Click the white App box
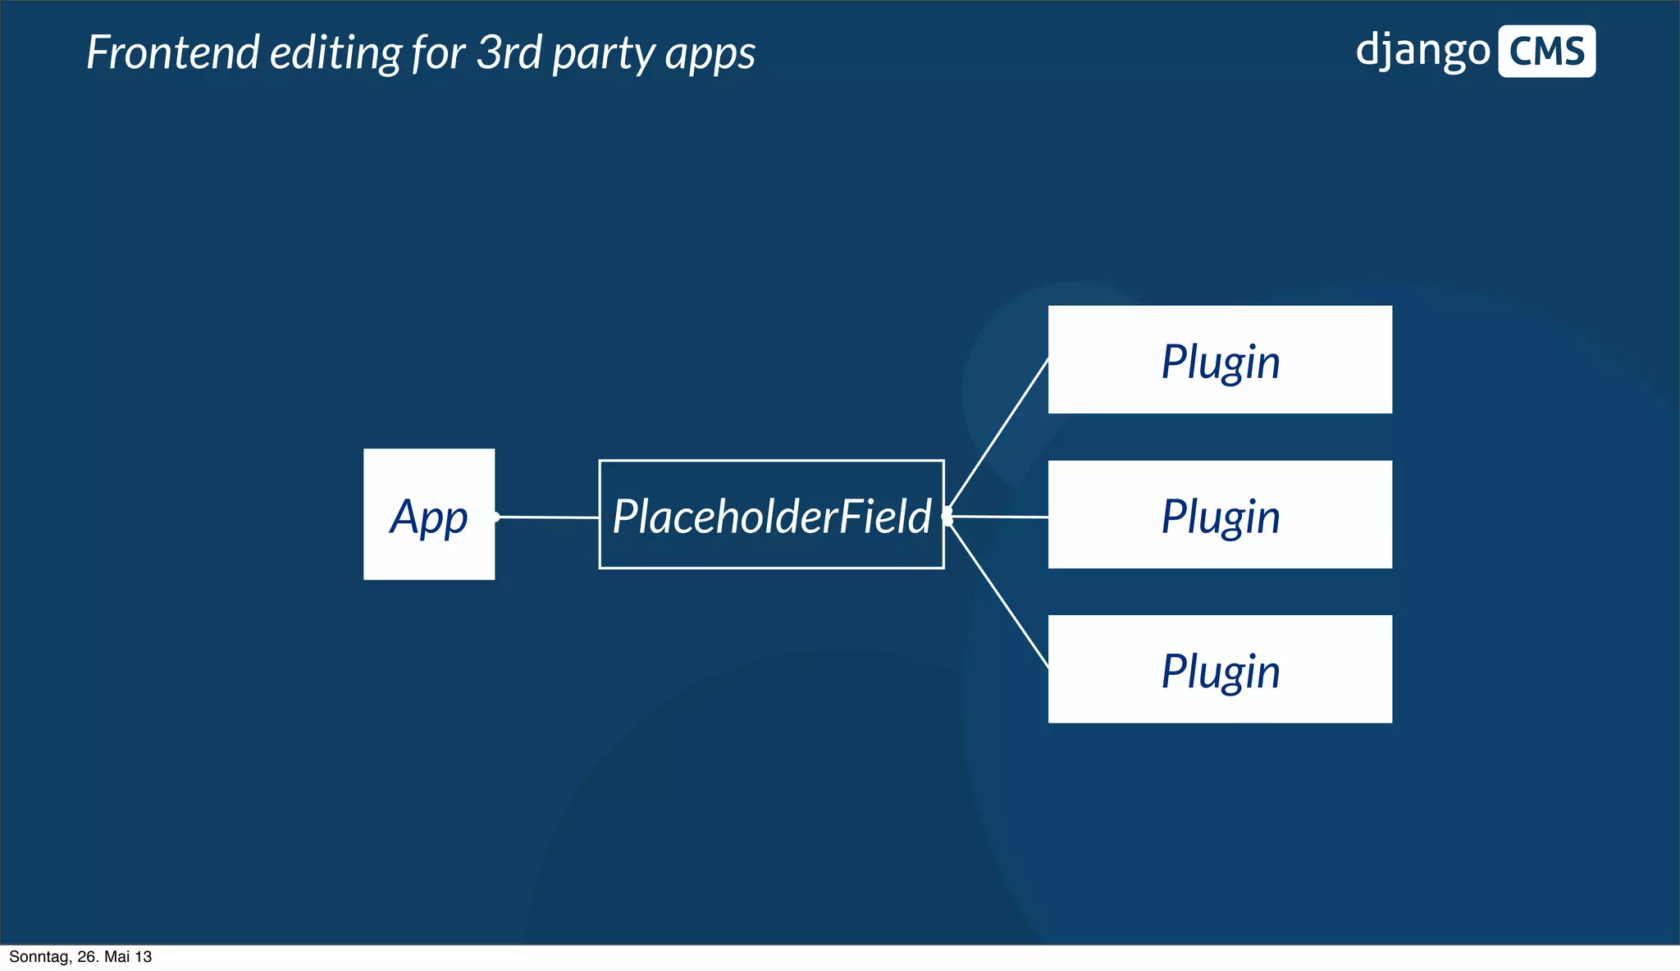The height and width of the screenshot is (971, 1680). [429, 514]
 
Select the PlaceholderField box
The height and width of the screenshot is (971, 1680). [771, 514]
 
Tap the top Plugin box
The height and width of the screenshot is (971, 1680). [1220, 359]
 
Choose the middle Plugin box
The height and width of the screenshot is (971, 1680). [1220, 514]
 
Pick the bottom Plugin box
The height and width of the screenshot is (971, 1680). [1220, 669]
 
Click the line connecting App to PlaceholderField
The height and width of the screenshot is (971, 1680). [548, 517]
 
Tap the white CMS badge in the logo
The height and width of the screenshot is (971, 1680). [1546, 52]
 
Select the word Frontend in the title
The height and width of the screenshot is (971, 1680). [173, 53]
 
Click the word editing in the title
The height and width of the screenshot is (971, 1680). [336, 53]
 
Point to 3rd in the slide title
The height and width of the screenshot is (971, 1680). [509, 53]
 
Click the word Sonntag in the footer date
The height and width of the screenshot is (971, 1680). [38, 957]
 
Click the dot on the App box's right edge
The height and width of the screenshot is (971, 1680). [496, 517]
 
